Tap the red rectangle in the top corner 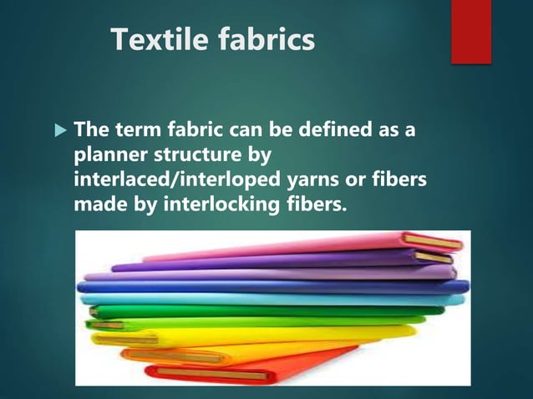pyautogui.click(x=470, y=30)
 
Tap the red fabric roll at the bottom pyautogui.click(x=251, y=367)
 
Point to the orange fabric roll pyautogui.click(x=251, y=351)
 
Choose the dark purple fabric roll pyautogui.click(x=276, y=263)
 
